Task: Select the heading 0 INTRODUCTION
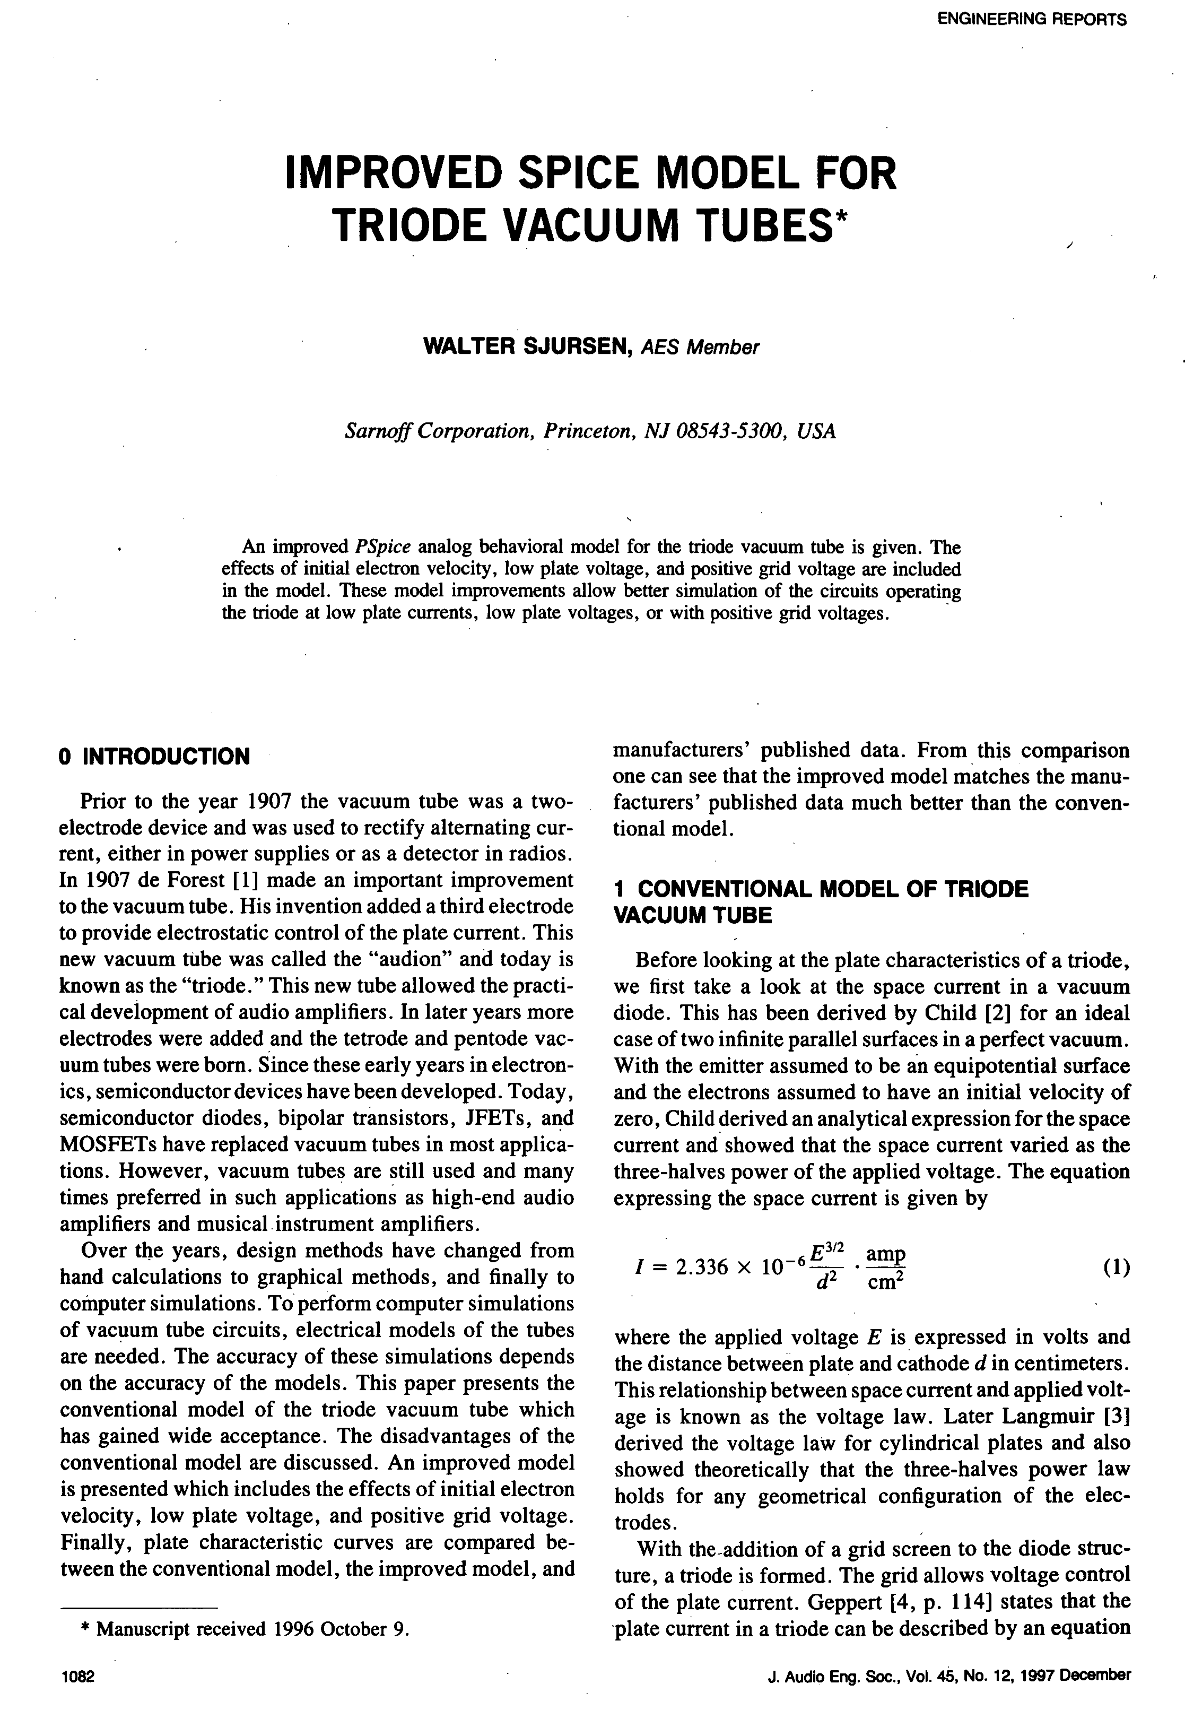(x=154, y=757)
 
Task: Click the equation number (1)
(x=1116, y=1267)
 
